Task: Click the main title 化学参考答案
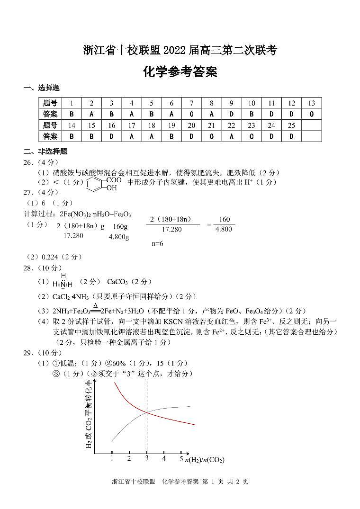click(180, 72)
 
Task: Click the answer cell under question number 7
click(191, 114)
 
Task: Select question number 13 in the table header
click(311, 103)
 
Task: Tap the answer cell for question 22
click(231, 136)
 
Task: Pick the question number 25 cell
click(291, 125)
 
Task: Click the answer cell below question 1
click(72, 114)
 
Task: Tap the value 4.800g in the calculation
click(119, 237)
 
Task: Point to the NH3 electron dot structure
click(63, 281)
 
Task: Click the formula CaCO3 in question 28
click(117, 282)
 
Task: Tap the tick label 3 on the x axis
click(147, 458)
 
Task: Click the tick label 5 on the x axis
click(181, 459)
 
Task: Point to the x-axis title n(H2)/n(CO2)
click(205, 460)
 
